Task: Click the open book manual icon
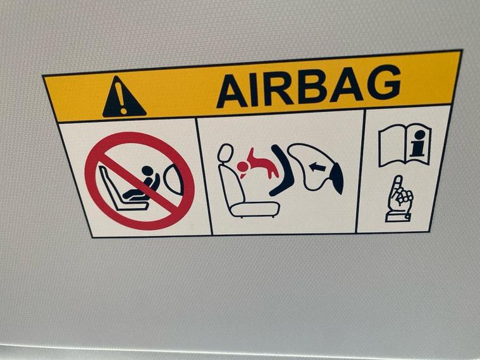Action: click(x=405, y=145)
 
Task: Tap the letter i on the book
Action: click(x=418, y=144)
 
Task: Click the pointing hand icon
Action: click(x=400, y=199)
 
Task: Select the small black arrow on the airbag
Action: click(x=317, y=167)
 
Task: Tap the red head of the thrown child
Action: click(x=242, y=167)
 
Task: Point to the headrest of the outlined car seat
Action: click(x=225, y=153)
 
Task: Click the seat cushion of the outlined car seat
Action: click(x=255, y=209)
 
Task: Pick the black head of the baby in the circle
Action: click(x=147, y=171)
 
